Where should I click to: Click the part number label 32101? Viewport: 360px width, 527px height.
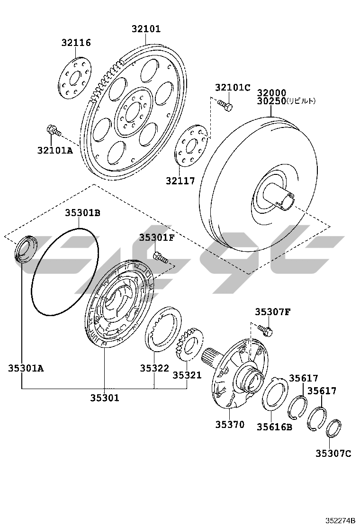click(x=145, y=29)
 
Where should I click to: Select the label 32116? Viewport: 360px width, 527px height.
click(x=76, y=43)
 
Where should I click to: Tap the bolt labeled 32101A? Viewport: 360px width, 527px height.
click(x=54, y=130)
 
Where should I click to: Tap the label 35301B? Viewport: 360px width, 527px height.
click(x=82, y=213)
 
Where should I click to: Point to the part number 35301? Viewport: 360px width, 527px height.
click(x=105, y=398)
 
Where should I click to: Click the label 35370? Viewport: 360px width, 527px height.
click(x=230, y=424)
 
